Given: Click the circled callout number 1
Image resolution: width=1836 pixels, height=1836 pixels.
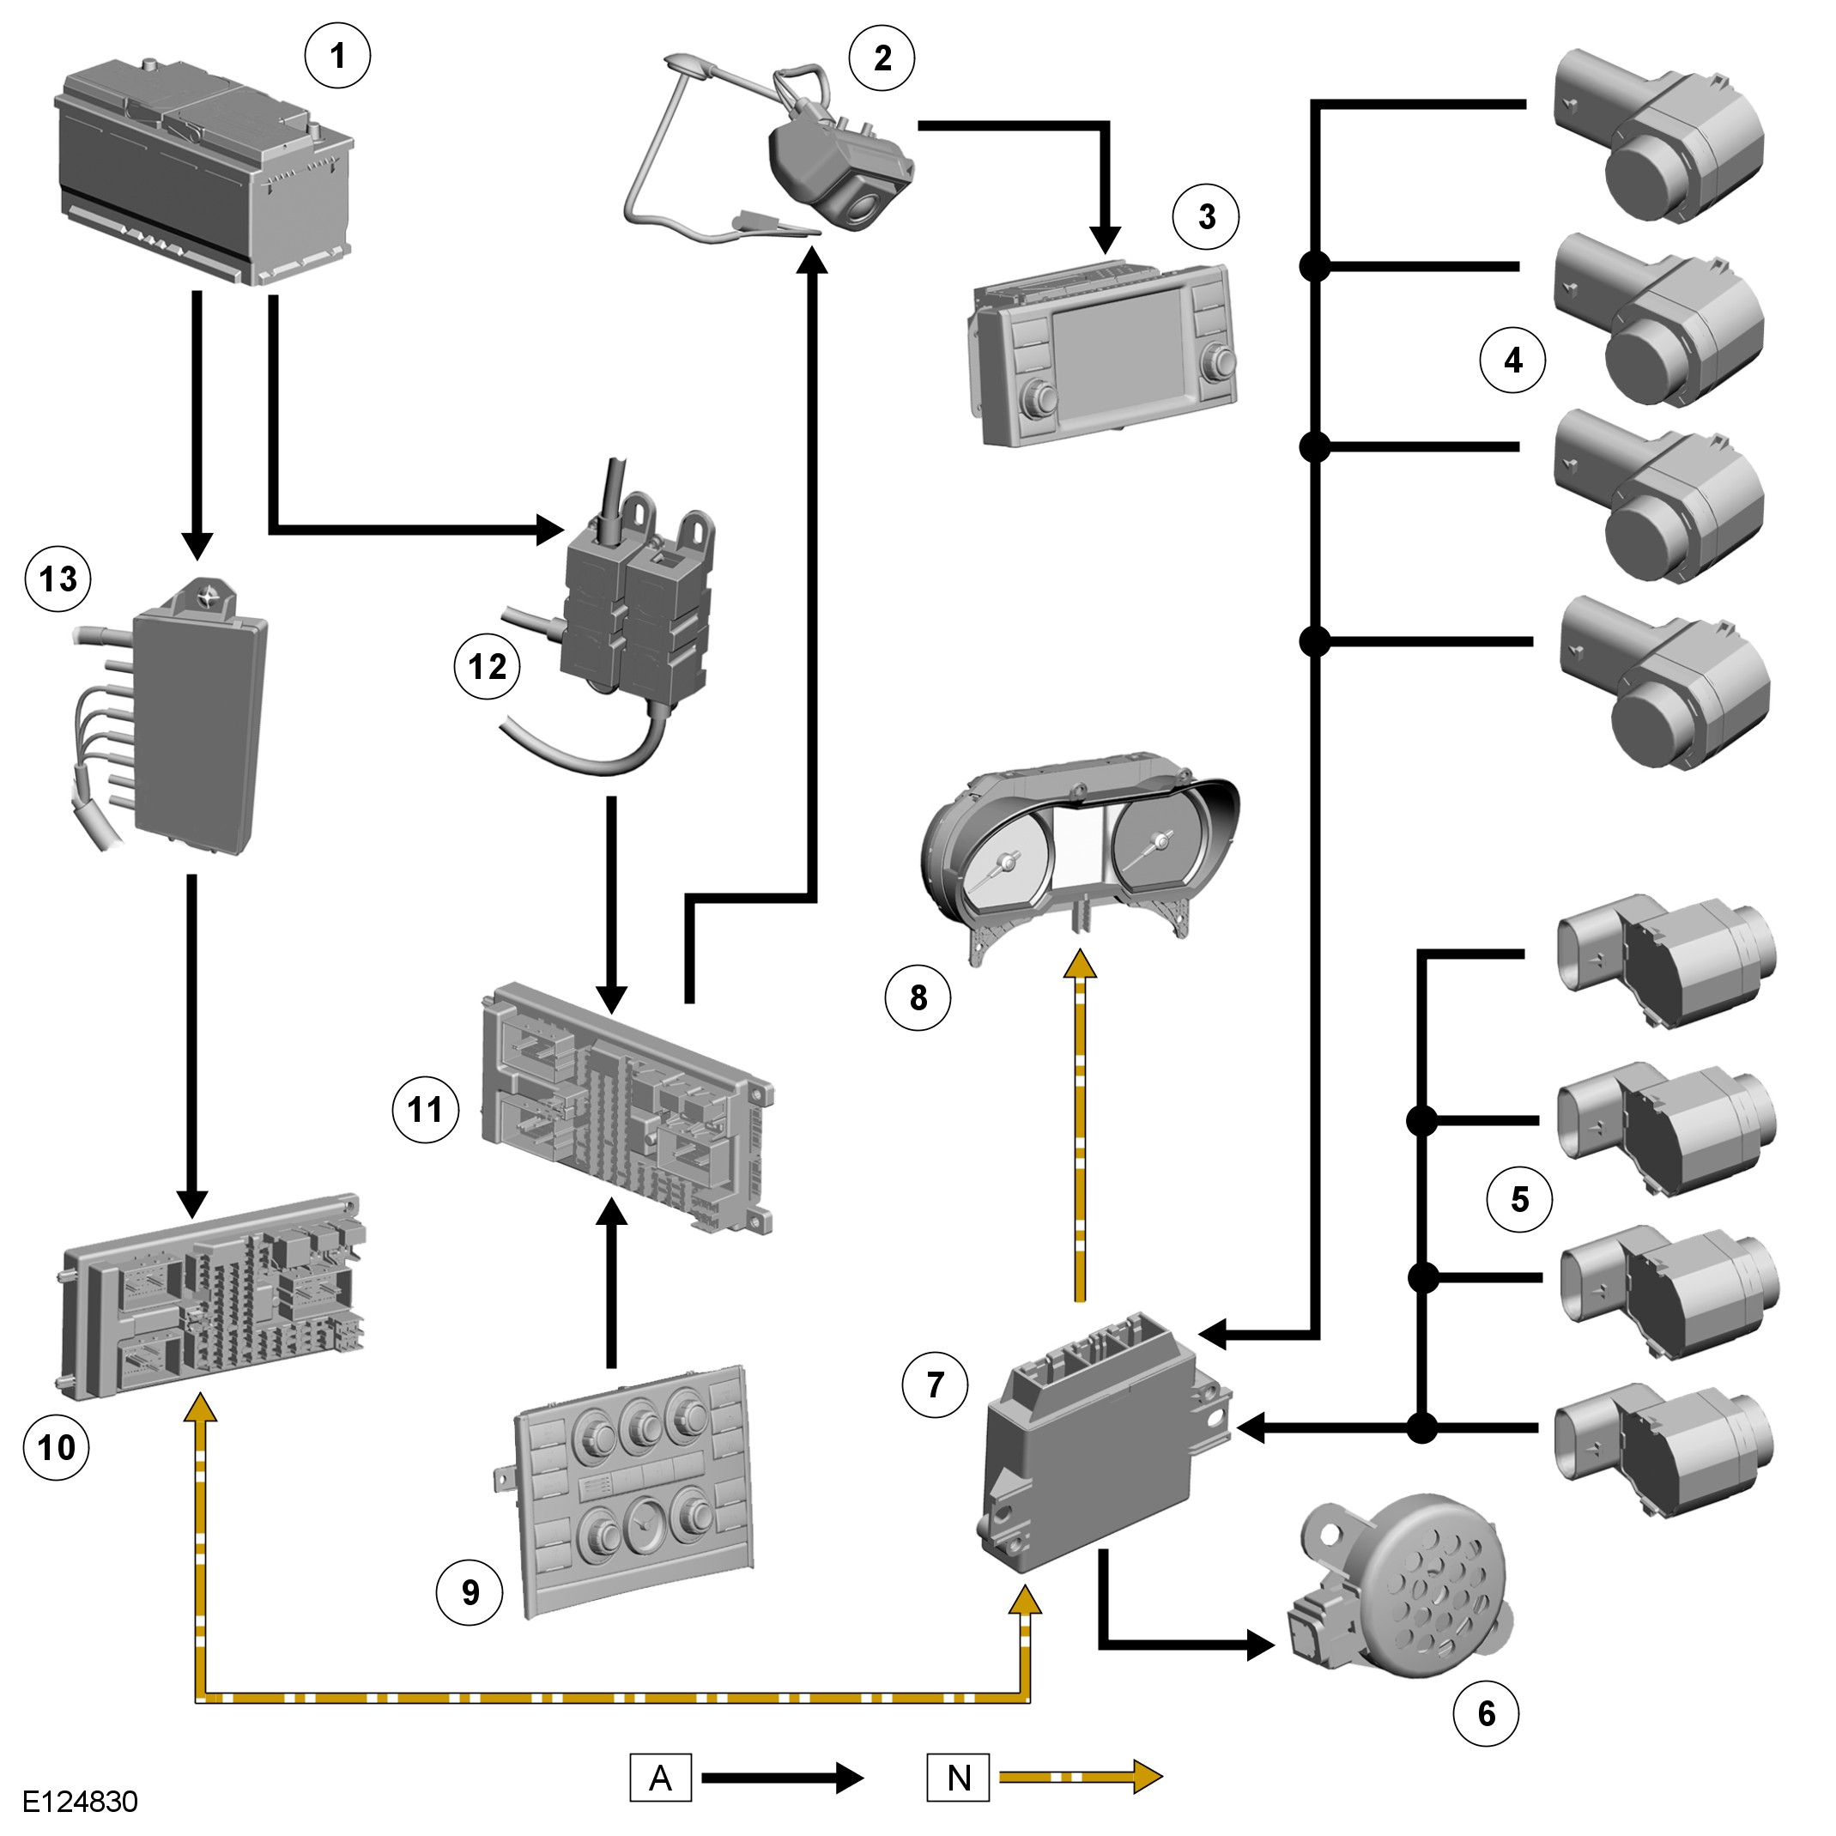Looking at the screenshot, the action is [x=337, y=56].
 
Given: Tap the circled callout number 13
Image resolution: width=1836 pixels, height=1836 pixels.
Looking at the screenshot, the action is [x=58, y=579].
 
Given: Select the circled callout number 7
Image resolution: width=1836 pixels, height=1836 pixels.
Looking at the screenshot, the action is [x=935, y=1385].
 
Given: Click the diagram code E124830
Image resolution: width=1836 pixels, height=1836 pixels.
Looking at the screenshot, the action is [x=81, y=1801].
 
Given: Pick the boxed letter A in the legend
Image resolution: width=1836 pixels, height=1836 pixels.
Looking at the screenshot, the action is [x=660, y=1777].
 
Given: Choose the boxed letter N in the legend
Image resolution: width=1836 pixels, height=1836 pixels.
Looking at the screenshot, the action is [x=958, y=1777].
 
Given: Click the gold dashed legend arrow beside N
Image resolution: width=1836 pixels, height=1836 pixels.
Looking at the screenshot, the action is [x=1082, y=1777].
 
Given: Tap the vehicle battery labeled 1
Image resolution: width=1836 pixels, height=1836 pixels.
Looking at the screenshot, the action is [x=204, y=171].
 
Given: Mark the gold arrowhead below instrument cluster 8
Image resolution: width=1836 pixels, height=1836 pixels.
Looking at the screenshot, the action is [x=1081, y=963].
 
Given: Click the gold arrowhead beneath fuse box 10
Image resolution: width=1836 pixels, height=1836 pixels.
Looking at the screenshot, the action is [x=199, y=1408].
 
